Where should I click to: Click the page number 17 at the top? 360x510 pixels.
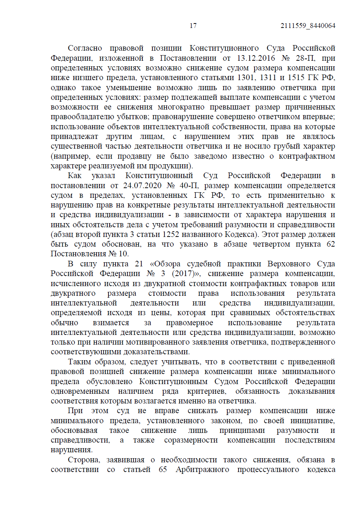coord(193,26)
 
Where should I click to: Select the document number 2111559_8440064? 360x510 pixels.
coord(308,26)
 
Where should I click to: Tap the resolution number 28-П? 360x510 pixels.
coord(305,58)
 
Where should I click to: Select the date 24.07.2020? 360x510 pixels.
coord(142,186)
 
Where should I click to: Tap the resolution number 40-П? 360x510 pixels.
coord(189,186)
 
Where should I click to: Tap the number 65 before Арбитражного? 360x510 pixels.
coord(163,469)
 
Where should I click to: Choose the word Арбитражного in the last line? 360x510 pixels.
coord(202,469)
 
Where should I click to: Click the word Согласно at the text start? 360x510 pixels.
coord(85,48)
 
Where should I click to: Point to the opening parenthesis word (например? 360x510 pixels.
coord(70,156)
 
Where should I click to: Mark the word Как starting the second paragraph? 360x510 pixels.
coord(75,175)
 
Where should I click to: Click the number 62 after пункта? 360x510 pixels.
coord(331,244)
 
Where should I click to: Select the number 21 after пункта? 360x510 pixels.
coord(139,264)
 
